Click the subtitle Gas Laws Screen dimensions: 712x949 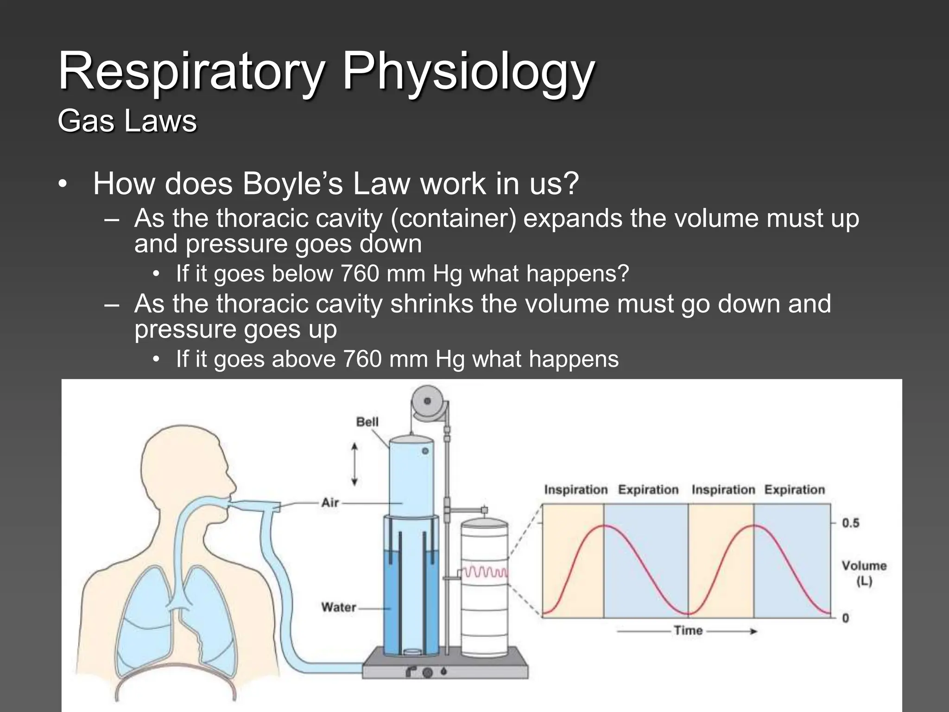tap(127, 121)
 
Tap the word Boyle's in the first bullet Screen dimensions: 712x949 tap(292, 184)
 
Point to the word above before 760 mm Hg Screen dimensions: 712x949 tap(304, 359)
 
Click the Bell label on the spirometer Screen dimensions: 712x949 tap(367, 422)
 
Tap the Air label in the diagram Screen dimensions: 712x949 tap(330, 502)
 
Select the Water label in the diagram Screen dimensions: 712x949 tap(338, 607)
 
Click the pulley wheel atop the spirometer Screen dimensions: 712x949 tap(427, 400)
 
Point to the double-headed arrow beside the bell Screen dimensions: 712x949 tap(354, 464)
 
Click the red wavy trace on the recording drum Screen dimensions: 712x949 tap(485, 572)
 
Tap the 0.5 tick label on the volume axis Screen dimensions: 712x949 tap(850, 523)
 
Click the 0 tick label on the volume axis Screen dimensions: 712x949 tap(845, 618)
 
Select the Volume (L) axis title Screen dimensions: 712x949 tap(864, 573)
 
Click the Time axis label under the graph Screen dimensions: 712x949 tap(688, 630)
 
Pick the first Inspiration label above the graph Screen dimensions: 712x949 tap(576, 490)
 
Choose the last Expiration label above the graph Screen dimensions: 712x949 tap(794, 490)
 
